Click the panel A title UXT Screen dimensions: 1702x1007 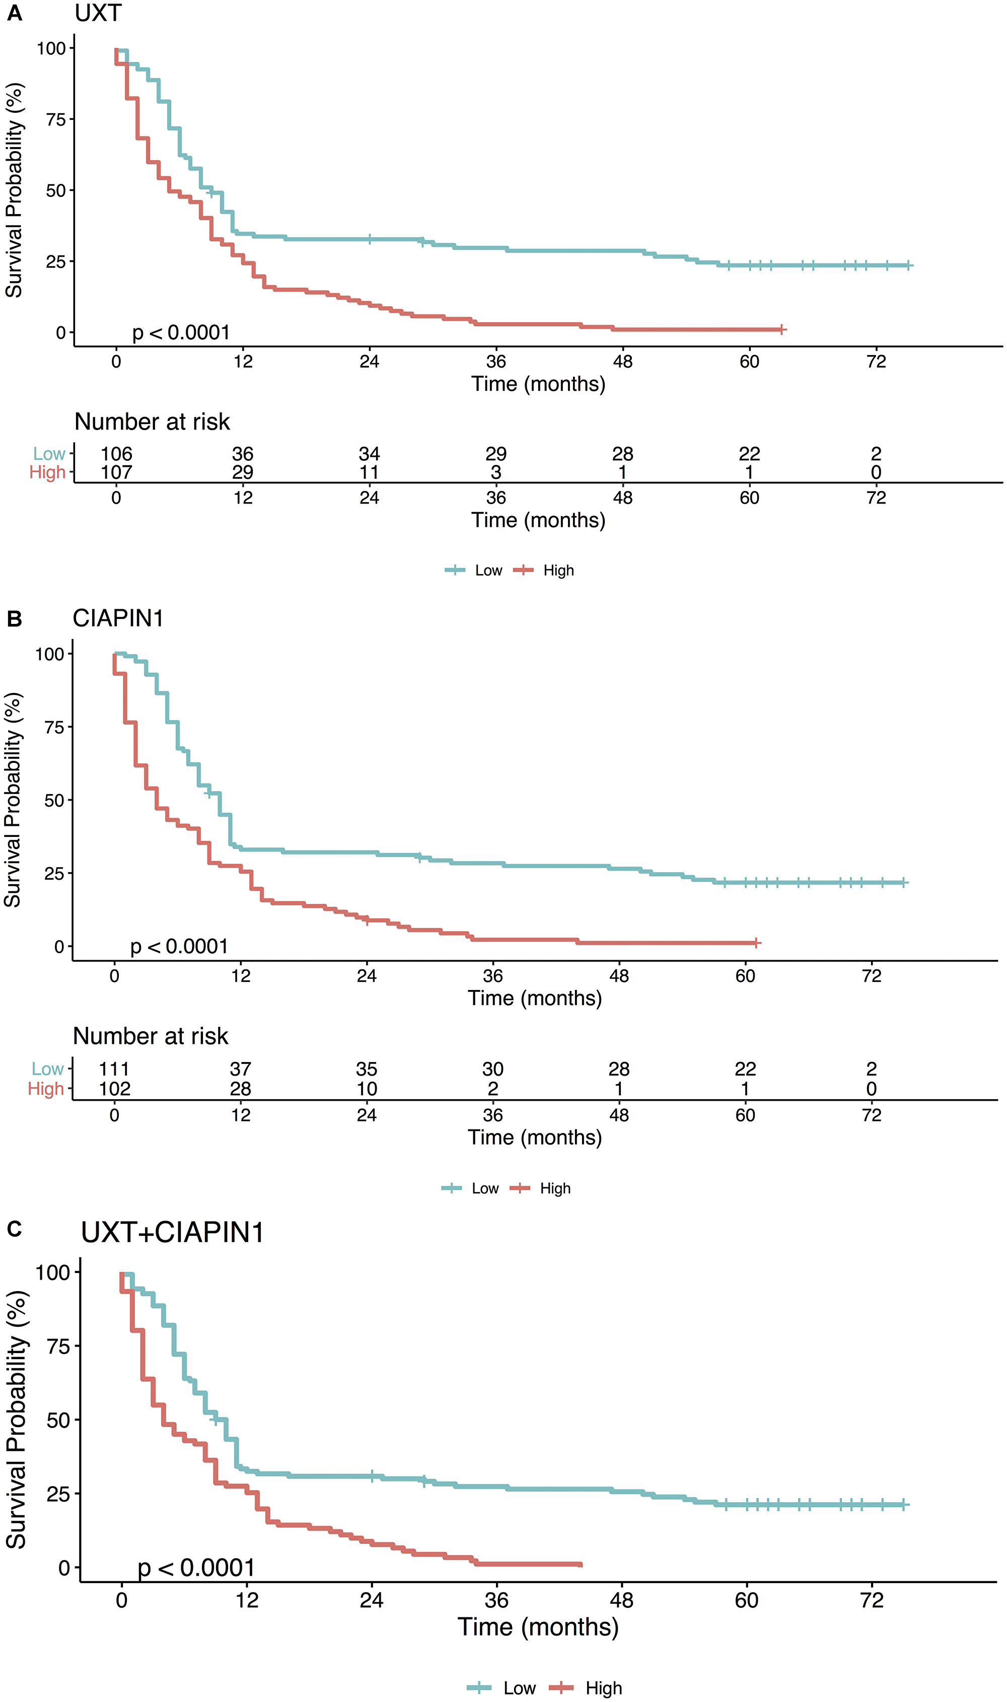pyautogui.click(x=98, y=13)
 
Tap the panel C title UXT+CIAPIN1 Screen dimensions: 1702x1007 pyautogui.click(x=172, y=1232)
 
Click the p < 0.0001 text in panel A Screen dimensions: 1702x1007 pyautogui.click(x=180, y=332)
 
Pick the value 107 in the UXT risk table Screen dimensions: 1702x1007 pyautogui.click(x=116, y=472)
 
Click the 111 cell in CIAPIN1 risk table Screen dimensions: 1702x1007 pyautogui.click(x=114, y=1069)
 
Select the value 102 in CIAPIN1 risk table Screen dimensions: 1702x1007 pyautogui.click(x=114, y=1089)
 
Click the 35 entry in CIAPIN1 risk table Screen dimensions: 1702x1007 pyautogui.click(x=367, y=1069)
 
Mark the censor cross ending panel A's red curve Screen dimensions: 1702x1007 pyautogui.click(x=782, y=329)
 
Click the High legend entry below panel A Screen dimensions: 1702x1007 pyautogui.click(x=558, y=570)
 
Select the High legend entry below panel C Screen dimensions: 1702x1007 pyautogui.click(x=603, y=1688)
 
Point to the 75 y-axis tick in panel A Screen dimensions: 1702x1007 pyautogui.click(x=56, y=119)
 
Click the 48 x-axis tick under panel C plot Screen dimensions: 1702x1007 pyautogui.click(x=622, y=1600)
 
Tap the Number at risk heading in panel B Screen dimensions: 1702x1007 pyautogui.click(x=151, y=1036)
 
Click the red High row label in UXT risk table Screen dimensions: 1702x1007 pyautogui.click(x=47, y=472)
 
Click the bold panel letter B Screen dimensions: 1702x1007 pyautogui.click(x=14, y=619)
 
